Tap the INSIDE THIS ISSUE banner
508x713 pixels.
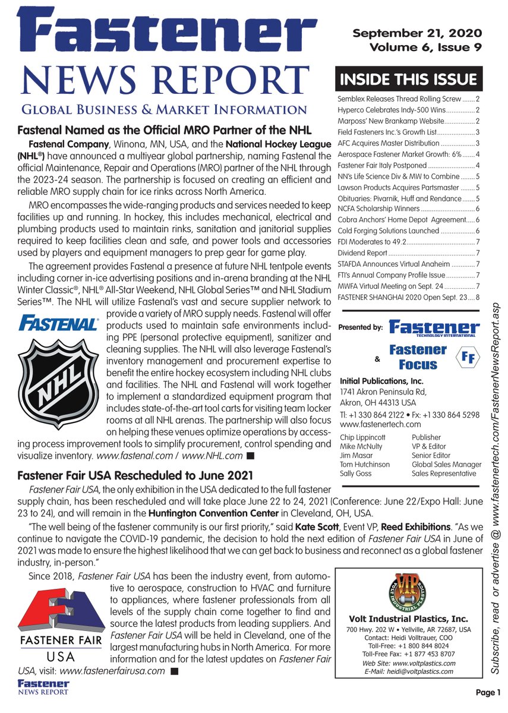point(408,80)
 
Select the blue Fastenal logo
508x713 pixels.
point(58,324)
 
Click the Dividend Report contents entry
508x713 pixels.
point(362,253)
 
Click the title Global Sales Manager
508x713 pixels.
point(446,465)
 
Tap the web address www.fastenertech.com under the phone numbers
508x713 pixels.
point(380,424)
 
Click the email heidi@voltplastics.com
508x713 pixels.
point(409,672)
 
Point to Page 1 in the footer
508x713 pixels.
point(488,692)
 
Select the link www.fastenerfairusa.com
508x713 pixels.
point(112,671)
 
